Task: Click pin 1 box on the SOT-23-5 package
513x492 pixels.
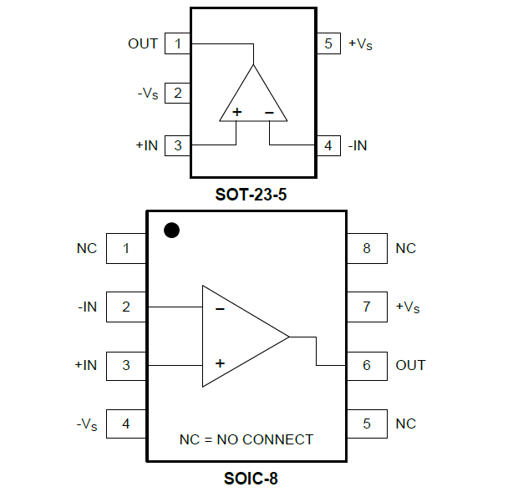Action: tap(177, 43)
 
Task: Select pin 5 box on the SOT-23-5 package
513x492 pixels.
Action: tap(328, 43)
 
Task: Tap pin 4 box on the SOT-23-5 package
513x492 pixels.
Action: tap(328, 145)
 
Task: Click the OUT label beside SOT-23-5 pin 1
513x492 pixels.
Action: tap(143, 43)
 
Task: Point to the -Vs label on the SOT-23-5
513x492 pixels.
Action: tap(147, 94)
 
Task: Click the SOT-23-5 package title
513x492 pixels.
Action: tap(256, 195)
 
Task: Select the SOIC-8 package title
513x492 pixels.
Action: tap(251, 479)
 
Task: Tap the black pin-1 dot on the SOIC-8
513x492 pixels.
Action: tap(171, 231)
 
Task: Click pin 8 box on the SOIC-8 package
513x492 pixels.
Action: tap(367, 248)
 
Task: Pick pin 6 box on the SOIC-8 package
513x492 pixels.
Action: tap(367, 365)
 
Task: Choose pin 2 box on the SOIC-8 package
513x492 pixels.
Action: tap(126, 307)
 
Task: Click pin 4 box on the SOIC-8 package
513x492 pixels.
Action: tap(126, 424)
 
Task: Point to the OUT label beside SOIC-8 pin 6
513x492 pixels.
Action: tap(410, 365)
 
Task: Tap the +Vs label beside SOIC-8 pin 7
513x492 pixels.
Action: tap(407, 307)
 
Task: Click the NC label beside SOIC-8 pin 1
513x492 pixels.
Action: tap(87, 248)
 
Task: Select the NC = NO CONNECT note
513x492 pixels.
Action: tap(246, 439)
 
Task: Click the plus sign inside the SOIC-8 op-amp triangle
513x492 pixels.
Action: tap(220, 363)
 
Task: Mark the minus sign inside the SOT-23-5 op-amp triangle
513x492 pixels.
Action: tap(269, 111)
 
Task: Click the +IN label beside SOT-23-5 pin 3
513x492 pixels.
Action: tap(146, 145)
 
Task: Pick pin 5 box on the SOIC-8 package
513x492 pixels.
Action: tap(367, 424)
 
